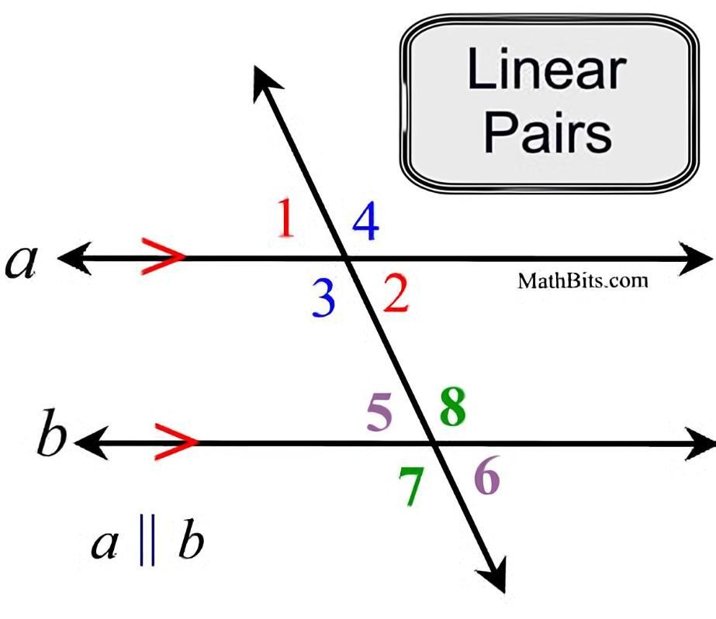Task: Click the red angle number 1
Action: tap(286, 218)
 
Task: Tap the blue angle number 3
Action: tap(323, 299)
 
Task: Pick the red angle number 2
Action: tap(396, 294)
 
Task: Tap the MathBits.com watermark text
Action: tap(582, 280)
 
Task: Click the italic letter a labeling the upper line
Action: tap(21, 262)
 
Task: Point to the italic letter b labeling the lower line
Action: tap(52, 438)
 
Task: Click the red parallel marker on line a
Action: tap(163, 257)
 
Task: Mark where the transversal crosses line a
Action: tap(346, 258)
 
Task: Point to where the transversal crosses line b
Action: tap(434, 443)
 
